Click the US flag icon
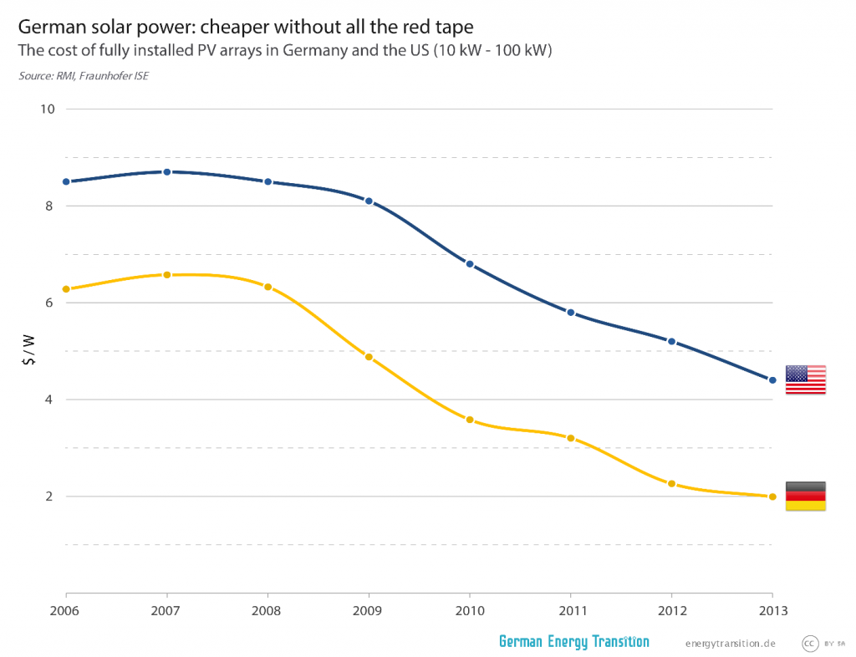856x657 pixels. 806,379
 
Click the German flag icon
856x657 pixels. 806,496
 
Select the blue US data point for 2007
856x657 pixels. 167,172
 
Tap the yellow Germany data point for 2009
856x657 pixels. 369,357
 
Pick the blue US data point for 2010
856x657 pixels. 470,264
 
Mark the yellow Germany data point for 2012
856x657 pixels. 671,484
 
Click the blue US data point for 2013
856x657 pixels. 772,380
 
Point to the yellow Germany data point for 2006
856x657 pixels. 66,289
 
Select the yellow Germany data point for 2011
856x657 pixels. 571,438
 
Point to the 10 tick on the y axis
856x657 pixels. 47,109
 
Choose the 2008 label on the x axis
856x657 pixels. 267,609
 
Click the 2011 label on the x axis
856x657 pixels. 571,609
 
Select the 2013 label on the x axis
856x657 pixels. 772,609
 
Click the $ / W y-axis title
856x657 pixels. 28,350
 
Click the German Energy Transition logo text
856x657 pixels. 573,642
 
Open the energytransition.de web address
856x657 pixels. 731,643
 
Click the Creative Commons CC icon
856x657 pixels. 809,643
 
